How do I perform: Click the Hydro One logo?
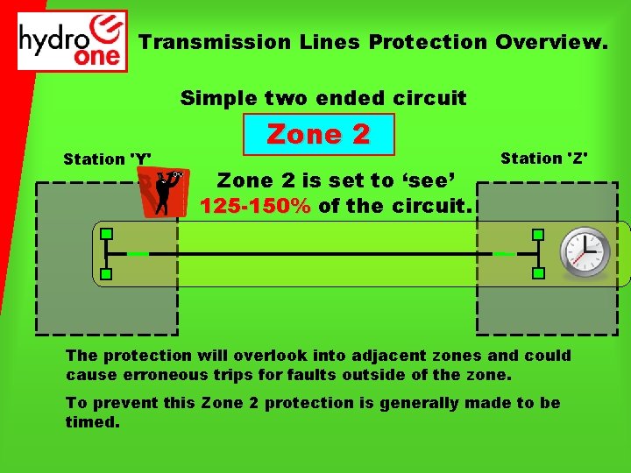tap(73, 40)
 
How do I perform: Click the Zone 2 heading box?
tap(318, 134)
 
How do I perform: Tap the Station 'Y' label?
tap(107, 159)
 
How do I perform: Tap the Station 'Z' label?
tap(544, 159)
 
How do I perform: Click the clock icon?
tap(585, 252)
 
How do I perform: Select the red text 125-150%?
tap(255, 207)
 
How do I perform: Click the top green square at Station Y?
tap(106, 234)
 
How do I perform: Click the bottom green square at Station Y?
tap(106, 274)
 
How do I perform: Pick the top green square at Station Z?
tap(538, 234)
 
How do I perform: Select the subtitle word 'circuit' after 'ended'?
tap(432, 97)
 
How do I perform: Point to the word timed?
tap(90, 421)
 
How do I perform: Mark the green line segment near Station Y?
tap(137, 254)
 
